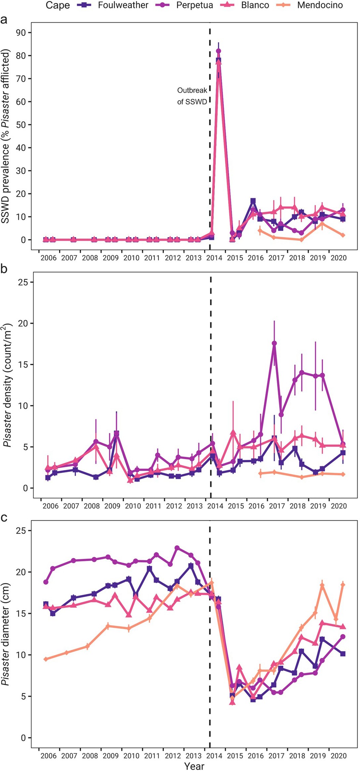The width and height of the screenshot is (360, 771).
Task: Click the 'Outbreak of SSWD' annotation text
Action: pyautogui.click(x=192, y=96)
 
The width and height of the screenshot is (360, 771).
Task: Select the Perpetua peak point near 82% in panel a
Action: pyautogui.click(x=219, y=51)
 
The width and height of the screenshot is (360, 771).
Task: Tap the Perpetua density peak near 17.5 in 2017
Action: pyautogui.click(x=274, y=343)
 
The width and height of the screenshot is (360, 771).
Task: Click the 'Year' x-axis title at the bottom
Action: pyautogui.click(x=194, y=766)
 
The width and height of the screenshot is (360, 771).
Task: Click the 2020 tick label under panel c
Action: pyautogui.click(x=337, y=756)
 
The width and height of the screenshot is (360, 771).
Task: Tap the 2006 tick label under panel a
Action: pyautogui.click(x=49, y=258)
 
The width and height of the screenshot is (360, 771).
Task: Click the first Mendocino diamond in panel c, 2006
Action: pyautogui.click(x=46, y=659)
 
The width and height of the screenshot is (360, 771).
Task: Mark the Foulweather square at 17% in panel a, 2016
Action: pyautogui.click(x=253, y=201)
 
